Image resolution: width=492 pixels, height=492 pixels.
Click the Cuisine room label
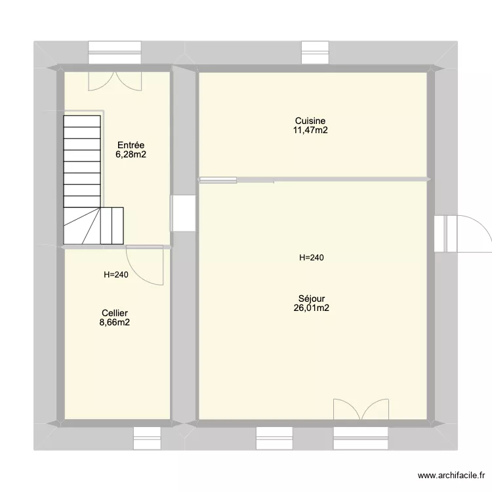tap(310, 121)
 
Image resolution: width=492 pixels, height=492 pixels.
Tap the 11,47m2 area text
tap(310, 131)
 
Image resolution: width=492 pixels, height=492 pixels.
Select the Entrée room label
tap(131, 145)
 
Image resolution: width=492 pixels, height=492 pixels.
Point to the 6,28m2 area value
tap(131, 155)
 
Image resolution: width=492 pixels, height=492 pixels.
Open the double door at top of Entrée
tap(115, 80)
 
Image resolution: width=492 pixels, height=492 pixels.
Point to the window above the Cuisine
tap(314, 52)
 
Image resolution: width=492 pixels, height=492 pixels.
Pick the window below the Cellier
tap(147, 438)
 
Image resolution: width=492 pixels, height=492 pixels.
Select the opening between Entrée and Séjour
tap(183, 213)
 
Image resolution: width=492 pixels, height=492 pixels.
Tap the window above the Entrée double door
tap(115, 52)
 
